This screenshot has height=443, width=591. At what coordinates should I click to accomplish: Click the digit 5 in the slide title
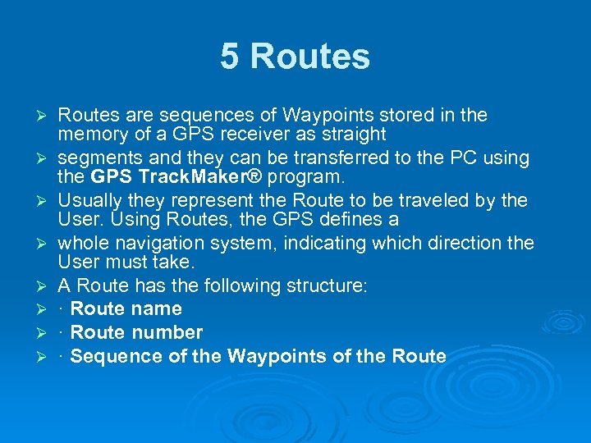[231, 57]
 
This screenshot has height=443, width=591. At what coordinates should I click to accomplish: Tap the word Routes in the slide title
[309, 57]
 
